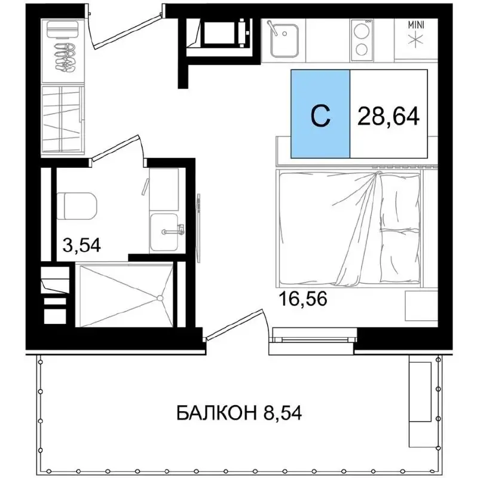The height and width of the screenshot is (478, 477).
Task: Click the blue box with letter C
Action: pyautogui.click(x=320, y=114)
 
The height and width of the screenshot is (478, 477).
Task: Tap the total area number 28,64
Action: pyautogui.click(x=389, y=116)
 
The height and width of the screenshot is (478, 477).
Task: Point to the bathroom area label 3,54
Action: pyautogui.click(x=81, y=245)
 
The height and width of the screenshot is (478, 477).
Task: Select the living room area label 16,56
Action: pyautogui.click(x=303, y=299)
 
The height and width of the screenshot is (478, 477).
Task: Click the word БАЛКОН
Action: pyautogui.click(x=216, y=413)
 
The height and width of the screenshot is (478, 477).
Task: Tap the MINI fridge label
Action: pyautogui.click(x=416, y=25)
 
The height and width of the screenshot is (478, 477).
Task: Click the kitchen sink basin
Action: pyautogui.click(x=285, y=41)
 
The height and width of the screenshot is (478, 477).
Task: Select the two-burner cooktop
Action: pyautogui.click(x=362, y=40)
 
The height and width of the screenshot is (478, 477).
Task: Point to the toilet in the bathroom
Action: pyautogui.click(x=77, y=206)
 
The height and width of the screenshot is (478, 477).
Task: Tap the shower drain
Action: pyautogui.click(x=160, y=298)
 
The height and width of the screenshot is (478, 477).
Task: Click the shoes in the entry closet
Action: pyautogui.click(x=65, y=57)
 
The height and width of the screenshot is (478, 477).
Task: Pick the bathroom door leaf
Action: pyautogui.click(x=116, y=148)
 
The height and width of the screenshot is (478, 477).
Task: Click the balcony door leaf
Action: pyautogui.click(x=234, y=324)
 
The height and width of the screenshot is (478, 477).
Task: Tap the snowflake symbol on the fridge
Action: pyautogui.click(x=416, y=40)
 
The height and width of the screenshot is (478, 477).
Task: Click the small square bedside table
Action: pyautogui.click(x=421, y=305)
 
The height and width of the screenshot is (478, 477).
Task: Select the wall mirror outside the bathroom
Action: pyautogui.click(x=198, y=228)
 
